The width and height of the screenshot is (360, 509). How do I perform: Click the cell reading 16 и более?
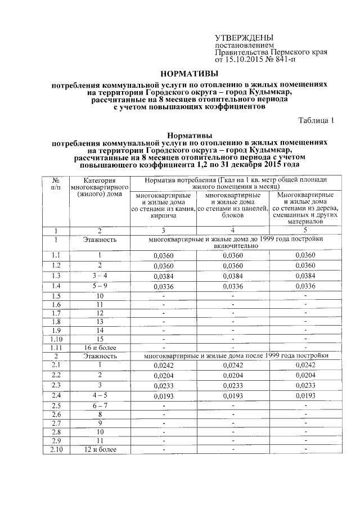[x=99, y=348]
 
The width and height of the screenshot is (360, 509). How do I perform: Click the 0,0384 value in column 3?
[x=163, y=276]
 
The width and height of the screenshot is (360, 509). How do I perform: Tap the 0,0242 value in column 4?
[x=232, y=365]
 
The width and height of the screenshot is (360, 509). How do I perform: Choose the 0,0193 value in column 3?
[x=163, y=395]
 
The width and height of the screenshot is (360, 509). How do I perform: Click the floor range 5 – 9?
[x=99, y=286]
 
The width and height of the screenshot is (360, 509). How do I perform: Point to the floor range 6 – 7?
[x=99, y=406]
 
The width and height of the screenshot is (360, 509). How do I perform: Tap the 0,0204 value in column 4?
[x=232, y=375]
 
